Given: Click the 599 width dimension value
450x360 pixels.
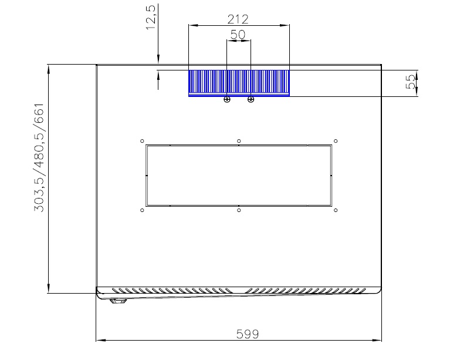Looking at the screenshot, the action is click(x=248, y=334).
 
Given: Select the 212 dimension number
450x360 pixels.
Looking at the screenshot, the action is click(x=238, y=19).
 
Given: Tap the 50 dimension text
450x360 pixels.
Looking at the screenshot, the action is click(x=238, y=35).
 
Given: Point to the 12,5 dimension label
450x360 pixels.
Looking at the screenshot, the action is click(x=151, y=17).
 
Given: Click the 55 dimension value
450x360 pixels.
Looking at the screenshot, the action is click(x=410, y=82).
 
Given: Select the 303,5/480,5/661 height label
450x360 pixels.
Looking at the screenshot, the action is click(x=39, y=157).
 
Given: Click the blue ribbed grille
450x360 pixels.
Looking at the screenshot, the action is click(x=239, y=83).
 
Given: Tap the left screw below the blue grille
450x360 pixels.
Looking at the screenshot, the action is click(x=227, y=99).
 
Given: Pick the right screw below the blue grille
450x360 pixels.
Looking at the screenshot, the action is click(x=251, y=99).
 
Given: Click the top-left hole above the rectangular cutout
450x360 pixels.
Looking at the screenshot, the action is click(x=142, y=141).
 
